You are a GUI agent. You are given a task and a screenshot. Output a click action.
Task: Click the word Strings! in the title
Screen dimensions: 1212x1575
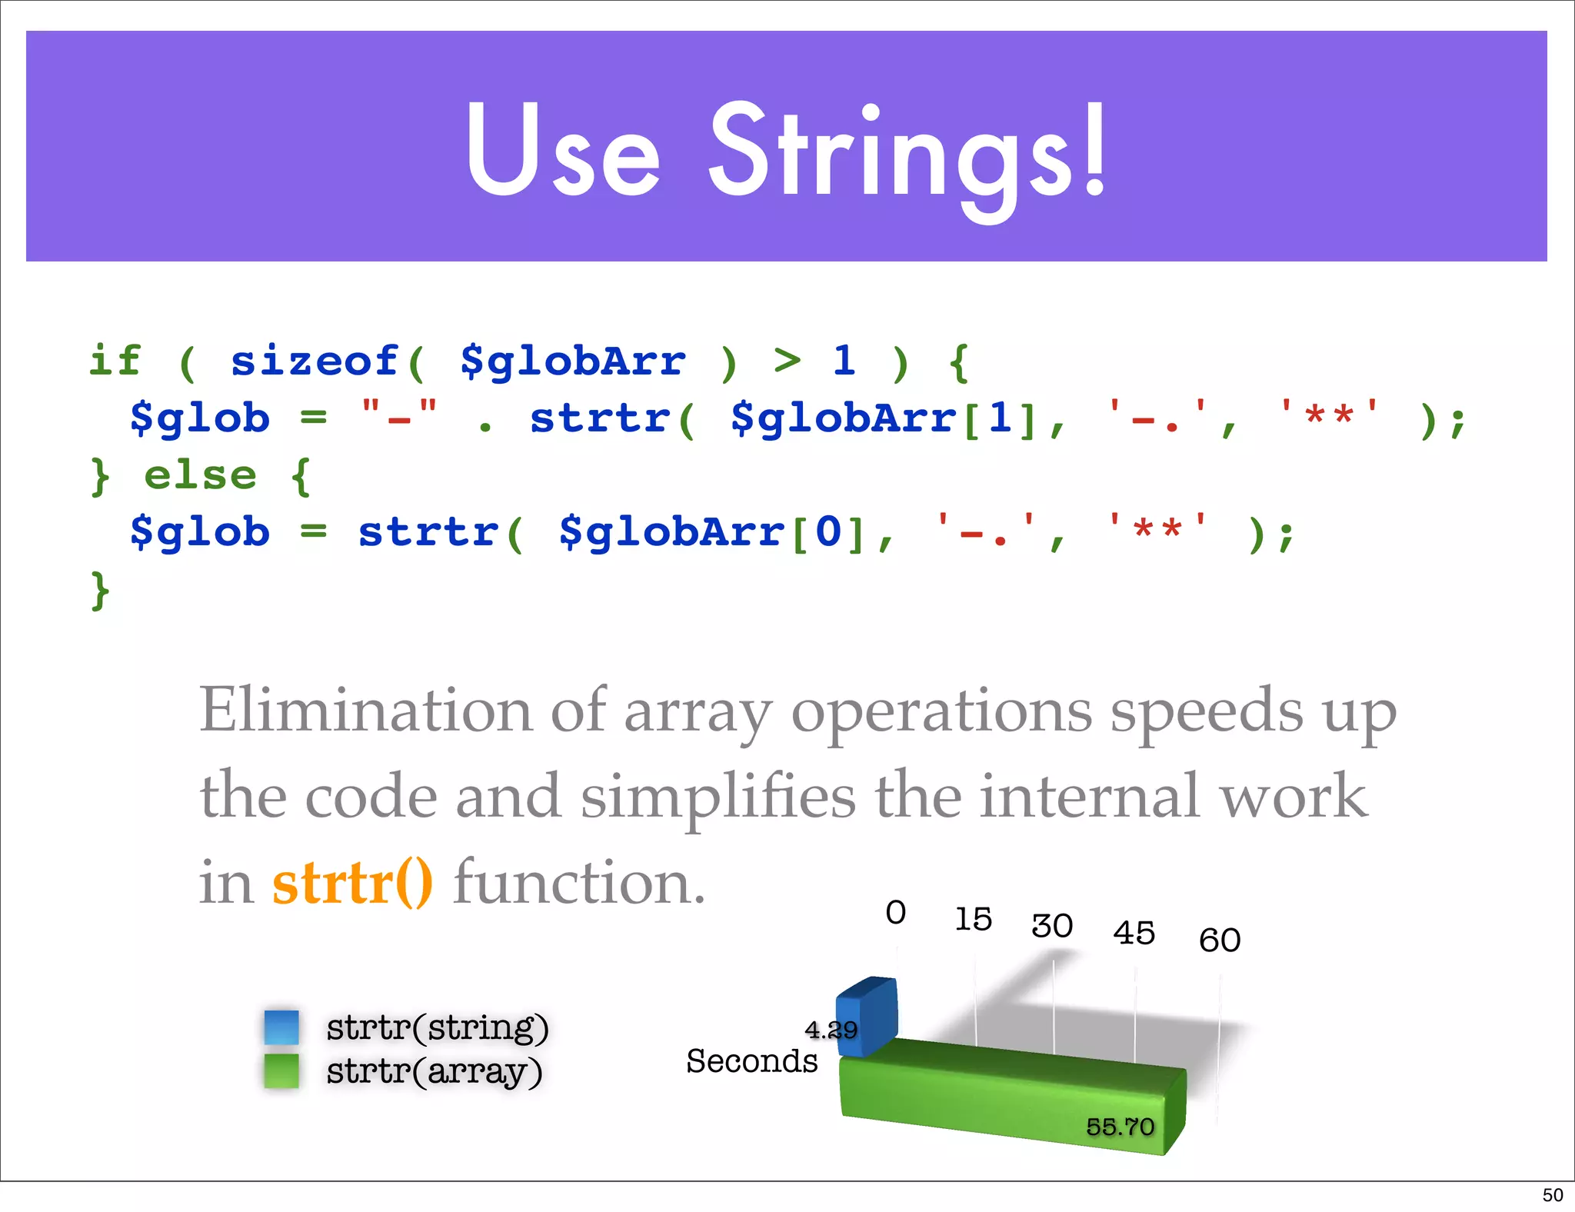point(907,154)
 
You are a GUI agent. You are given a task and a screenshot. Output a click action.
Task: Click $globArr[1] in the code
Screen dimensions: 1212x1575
point(884,418)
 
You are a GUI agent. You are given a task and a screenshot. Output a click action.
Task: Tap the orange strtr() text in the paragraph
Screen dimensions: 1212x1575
point(352,882)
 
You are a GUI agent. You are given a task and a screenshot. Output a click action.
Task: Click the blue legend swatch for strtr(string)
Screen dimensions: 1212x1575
point(281,1027)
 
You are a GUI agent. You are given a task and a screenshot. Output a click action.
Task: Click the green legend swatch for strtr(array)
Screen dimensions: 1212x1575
point(281,1070)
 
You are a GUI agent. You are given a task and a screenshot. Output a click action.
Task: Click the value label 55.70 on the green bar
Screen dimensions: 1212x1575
point(1120,1127)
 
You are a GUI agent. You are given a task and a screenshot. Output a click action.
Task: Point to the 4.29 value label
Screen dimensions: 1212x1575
point(831,1029)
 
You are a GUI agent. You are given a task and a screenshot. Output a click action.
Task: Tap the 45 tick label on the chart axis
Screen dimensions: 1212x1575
point(1134,933)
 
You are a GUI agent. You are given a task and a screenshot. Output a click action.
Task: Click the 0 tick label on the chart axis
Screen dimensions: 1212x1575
point(895,913)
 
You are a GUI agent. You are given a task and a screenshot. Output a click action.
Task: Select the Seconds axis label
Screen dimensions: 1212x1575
point(751,1061)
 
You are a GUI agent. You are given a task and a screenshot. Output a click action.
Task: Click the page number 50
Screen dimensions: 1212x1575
point(1552,1195)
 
